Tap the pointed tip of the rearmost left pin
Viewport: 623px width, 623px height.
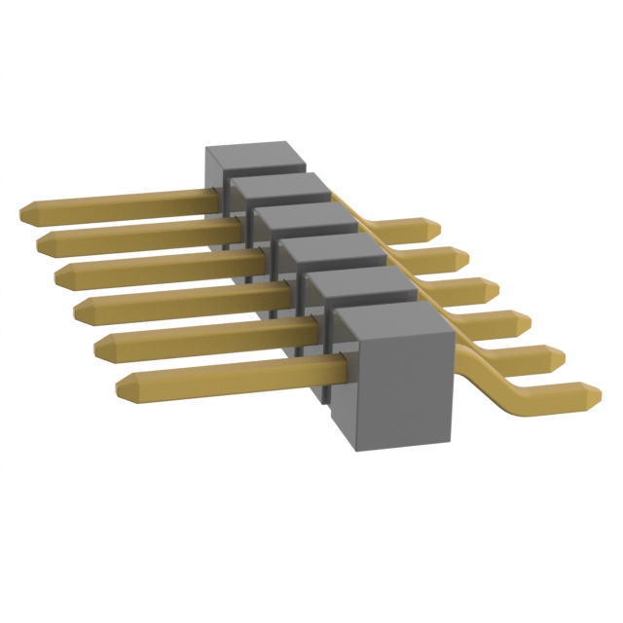pyautogui.click(x=24, y=211)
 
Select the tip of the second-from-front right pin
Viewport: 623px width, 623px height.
pyautogui.click(x=560, y=355)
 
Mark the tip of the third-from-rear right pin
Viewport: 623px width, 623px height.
pyautogui.click(x=495, y=289)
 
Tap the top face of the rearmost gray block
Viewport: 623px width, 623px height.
pyautogui.click(x=256, y=157)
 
